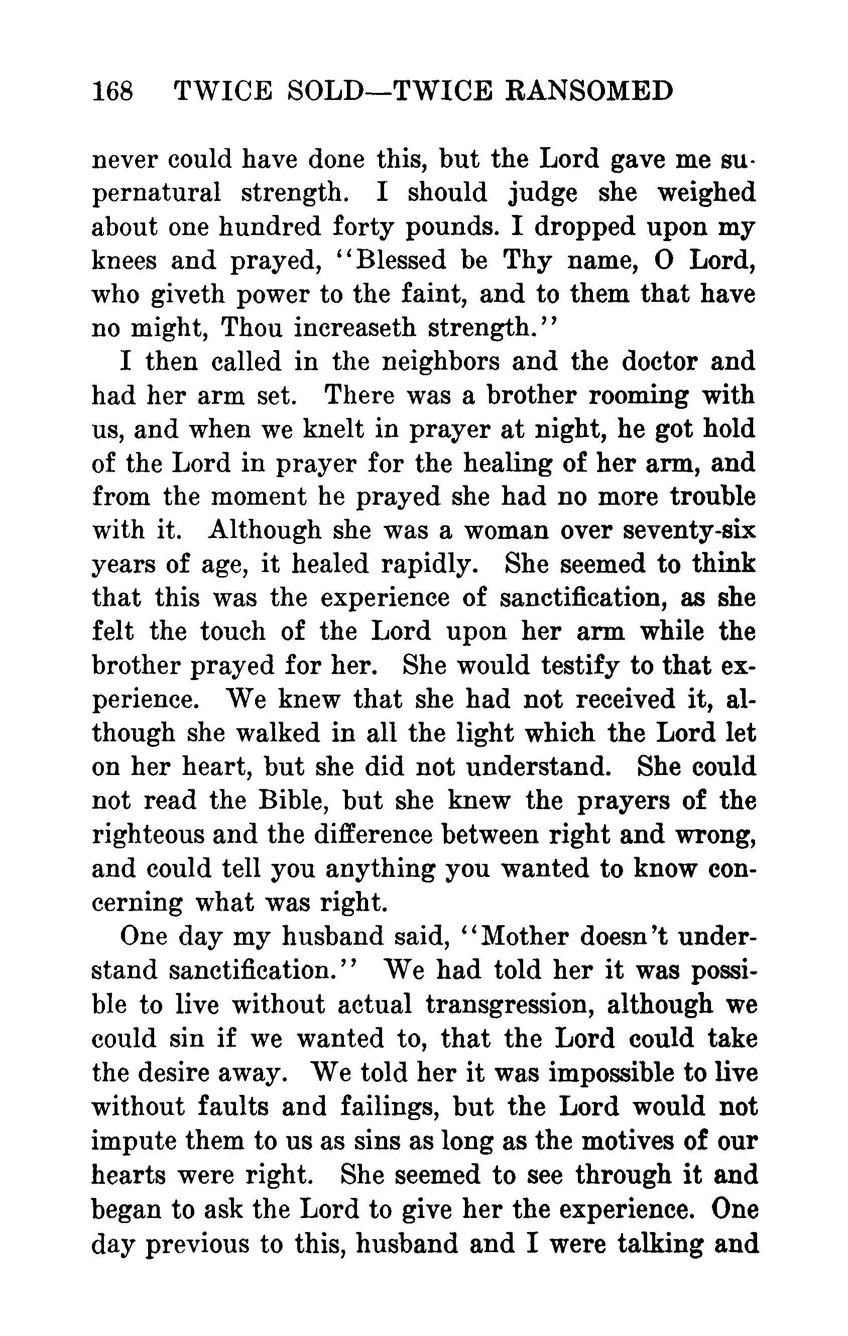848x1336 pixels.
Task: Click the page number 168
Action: pyautogui.click(x=113, y=90)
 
